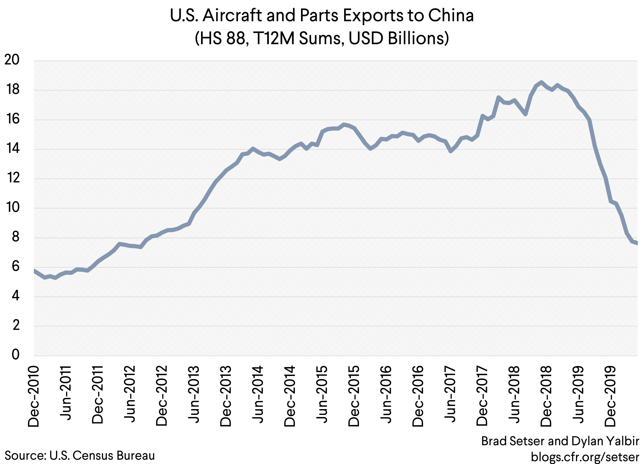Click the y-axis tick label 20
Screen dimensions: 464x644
pos(12,60)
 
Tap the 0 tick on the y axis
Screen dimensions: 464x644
pos(16,355)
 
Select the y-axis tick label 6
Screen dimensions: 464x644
pos(16,266)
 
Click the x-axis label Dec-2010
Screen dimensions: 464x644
pos(34,396)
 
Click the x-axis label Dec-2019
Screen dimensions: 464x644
pos(610,396)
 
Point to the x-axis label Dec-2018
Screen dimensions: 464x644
pos(546,396)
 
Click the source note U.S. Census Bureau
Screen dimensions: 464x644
pos(102,456)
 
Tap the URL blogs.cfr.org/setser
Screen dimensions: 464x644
pos(585,457)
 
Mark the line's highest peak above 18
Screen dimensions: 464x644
pos(541,82)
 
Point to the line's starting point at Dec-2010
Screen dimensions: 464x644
pos(34,270)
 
